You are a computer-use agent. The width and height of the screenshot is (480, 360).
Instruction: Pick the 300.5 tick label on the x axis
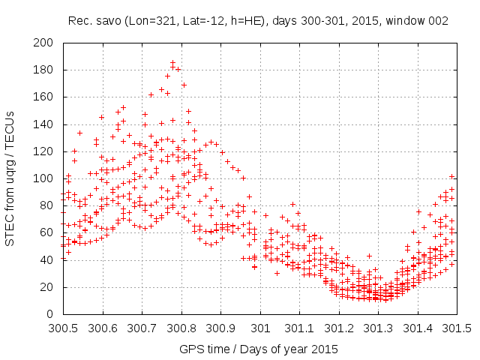(62, 328)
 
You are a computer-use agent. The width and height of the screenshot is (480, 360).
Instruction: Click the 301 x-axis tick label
(260, 328)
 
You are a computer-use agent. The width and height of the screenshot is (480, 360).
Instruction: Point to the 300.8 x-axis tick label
(181, 328)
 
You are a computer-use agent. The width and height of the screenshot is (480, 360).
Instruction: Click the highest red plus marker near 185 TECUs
(172, 63)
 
